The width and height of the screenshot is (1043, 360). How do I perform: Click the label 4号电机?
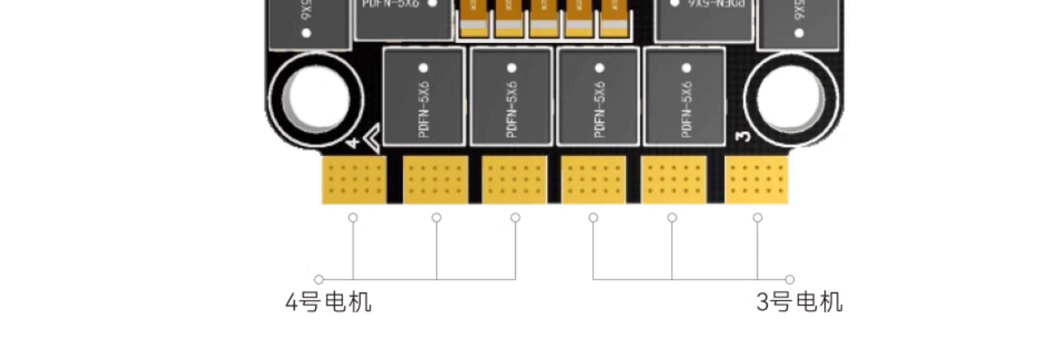tap(328, 302)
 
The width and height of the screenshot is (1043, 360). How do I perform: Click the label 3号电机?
tap(799, 302)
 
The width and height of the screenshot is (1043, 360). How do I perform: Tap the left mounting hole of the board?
tap(316, 99)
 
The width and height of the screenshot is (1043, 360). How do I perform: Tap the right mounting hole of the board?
tap(791, 99)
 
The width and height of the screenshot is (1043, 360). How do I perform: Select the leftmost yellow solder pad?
tap(354, 180)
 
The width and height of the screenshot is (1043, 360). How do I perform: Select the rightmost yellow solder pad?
tap(757, 180)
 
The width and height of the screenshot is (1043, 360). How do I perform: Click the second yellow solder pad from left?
tap(435, 180)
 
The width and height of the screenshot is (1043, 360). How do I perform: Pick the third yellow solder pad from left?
tap(514, 180)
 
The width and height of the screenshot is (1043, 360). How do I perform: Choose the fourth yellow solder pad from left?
tap(593, 180)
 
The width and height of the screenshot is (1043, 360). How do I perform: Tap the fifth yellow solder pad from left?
tap(673, 180)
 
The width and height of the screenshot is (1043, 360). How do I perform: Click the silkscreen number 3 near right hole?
tap(744, 137)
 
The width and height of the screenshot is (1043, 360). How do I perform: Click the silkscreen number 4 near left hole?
tap(353, 143)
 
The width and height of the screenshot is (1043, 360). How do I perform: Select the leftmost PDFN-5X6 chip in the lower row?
tap(424, 97)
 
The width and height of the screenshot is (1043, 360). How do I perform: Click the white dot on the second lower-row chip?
tap(512, 68)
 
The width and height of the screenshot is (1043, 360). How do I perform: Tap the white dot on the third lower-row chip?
tap(600, 68)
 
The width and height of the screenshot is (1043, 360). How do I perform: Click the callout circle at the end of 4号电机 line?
tap(319, 280)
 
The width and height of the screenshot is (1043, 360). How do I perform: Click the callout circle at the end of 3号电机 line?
tap(790, 280)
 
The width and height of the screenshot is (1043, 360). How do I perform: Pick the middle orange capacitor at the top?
tap(544, 19)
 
